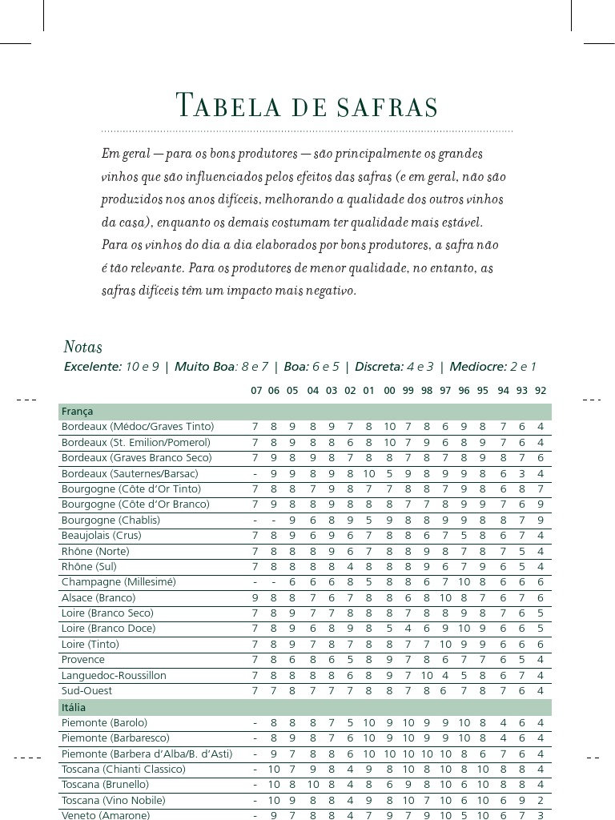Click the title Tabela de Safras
[307, 107]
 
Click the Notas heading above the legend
[82, 348]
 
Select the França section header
[77, 412]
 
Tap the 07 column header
[255, 391]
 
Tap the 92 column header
[541, 391]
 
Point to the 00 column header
[389, 391]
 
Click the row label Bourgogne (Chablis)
[111, 520]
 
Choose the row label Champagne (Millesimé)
[118, 581]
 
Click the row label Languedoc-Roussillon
[114, 675]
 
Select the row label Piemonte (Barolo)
[104, 722]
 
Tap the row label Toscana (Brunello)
[105, 784]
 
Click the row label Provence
[82, 659]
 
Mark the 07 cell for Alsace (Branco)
[255, 597]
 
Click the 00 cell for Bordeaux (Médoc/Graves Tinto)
[389, 427]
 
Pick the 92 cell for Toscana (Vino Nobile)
[541, 800]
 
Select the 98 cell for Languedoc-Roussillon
[427, 675]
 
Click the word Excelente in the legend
[92, 367]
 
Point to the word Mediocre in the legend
[477, 367]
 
